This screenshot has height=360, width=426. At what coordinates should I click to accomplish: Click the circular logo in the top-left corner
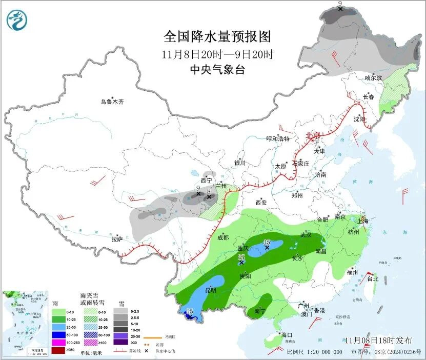18,19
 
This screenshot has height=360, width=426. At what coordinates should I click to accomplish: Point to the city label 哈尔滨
373,77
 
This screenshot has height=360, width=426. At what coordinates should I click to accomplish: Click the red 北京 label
312,135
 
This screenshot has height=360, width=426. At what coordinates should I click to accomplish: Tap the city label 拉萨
117,238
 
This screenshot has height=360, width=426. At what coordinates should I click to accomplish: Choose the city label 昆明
211,290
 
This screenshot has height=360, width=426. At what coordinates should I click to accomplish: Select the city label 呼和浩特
278,139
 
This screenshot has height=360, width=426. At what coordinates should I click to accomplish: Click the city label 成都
222,237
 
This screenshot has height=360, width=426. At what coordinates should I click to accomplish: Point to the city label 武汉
306,235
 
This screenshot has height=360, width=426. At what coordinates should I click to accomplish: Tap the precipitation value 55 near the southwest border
189,311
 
